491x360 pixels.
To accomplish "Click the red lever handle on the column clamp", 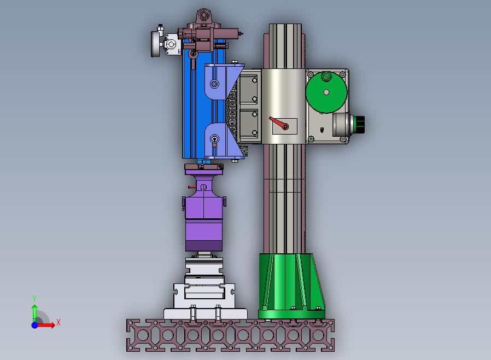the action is [278, 123].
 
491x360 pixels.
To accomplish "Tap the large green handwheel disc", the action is [326, 92].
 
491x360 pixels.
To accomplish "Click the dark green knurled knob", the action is [359, 124].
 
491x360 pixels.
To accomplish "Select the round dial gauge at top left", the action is [156, 44].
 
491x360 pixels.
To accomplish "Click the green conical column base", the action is [291, 286].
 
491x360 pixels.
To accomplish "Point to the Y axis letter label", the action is [34, 299].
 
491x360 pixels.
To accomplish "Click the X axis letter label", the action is [59, 322].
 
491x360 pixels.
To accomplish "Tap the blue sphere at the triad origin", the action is [35, 325].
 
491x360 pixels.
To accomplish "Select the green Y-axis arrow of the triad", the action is [34, 313].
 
